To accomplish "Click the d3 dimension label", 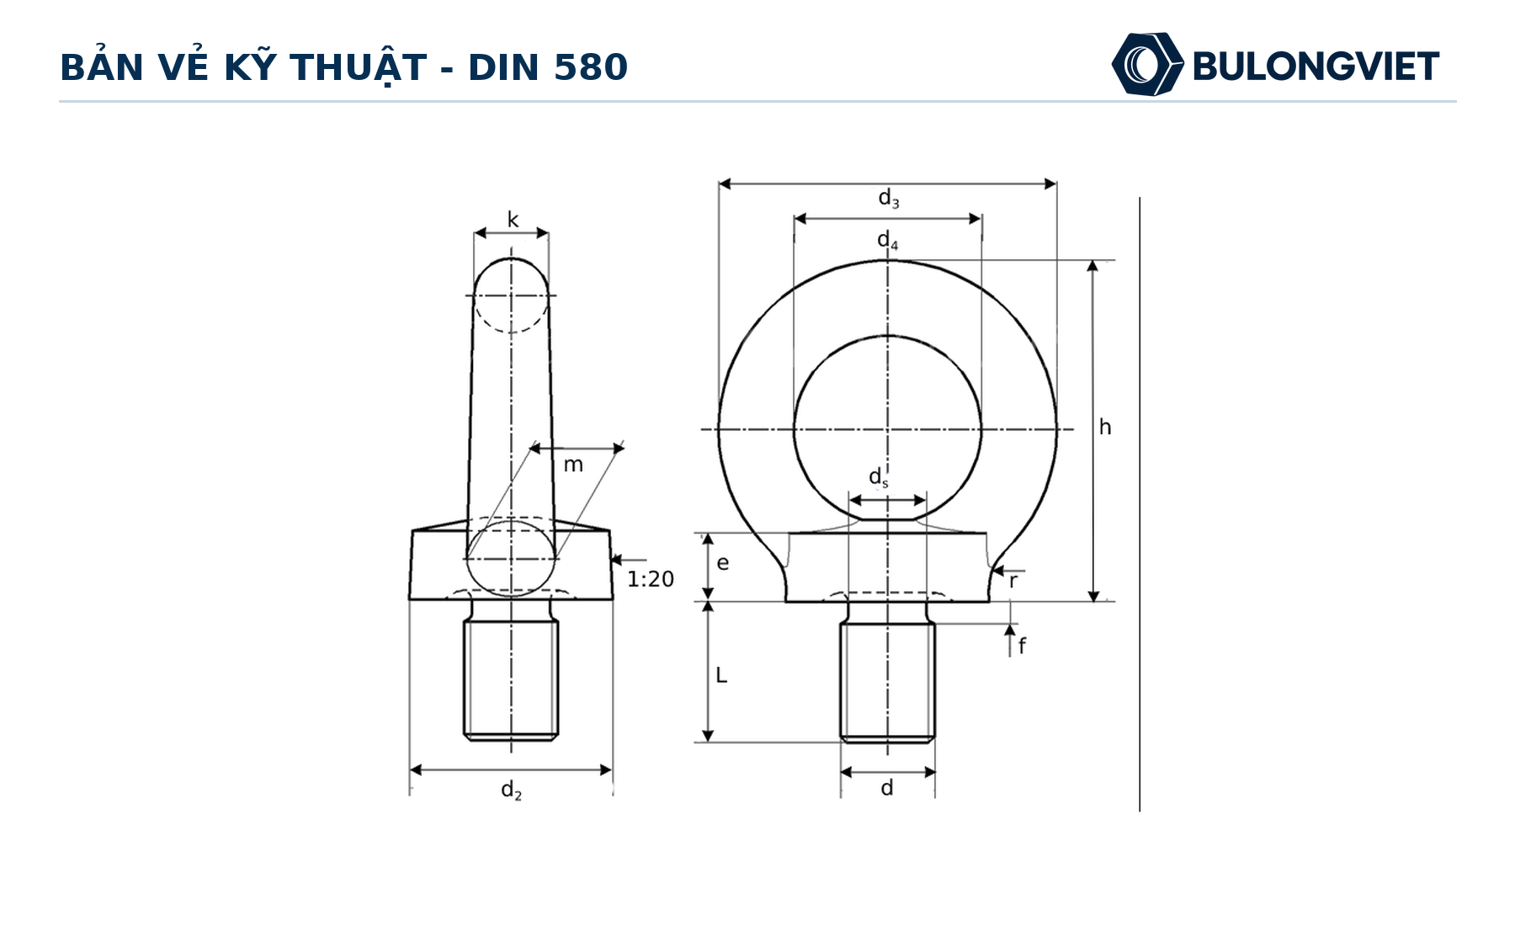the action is click(889, 198).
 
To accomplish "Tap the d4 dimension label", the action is click(888, 241).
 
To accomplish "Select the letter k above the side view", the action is click(513, 220).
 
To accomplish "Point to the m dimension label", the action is click(573, 465).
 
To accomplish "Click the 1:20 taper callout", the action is click(651, 579).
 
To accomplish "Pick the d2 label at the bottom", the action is click(511, 790).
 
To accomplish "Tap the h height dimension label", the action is click(1105, 428).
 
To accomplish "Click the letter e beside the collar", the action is click(723, 563).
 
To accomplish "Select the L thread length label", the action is click(721, 675).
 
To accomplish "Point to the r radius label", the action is click(1013, 581).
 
